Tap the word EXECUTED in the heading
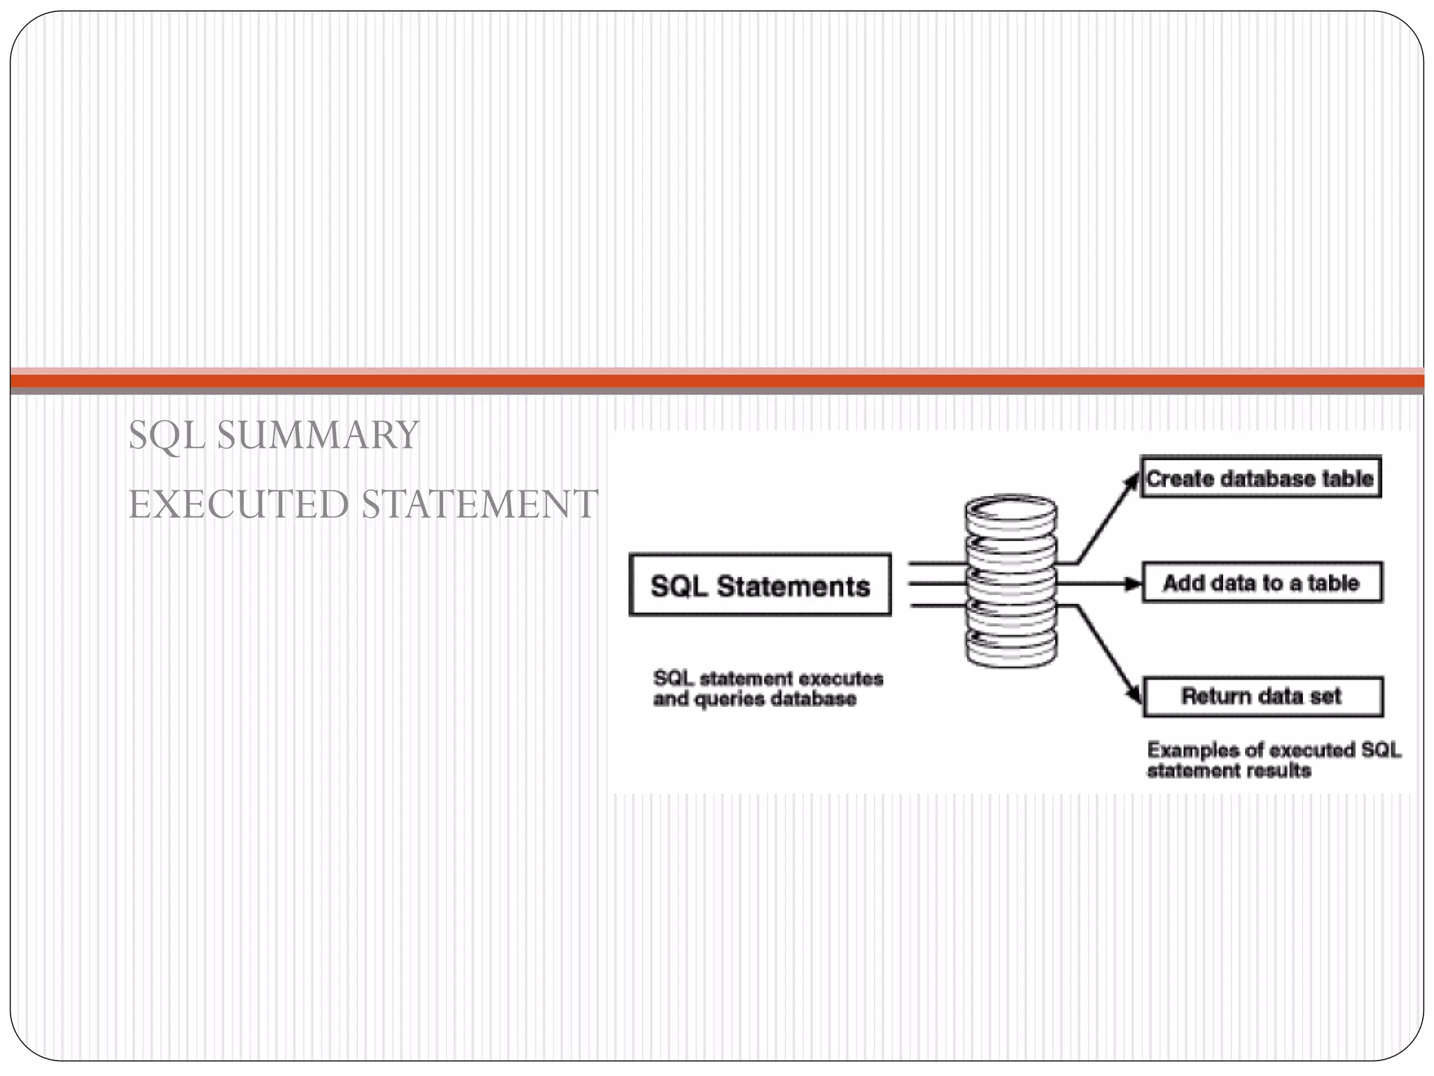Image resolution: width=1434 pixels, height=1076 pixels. click(x=238, y=504)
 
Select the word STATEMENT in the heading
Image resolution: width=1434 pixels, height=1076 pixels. click(x=480, y=504)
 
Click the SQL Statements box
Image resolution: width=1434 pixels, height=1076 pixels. click(x=760, y=586)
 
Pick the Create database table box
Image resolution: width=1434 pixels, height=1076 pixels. click(x=1260, y=478)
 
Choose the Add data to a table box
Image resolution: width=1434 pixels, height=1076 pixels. click(x=1262, y=583)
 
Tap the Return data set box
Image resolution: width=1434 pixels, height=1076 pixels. click(x=1262, y=696)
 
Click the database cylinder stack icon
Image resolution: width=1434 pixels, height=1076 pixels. click(x=1011, y=581)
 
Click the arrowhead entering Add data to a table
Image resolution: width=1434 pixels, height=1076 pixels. click(x=1133, y=584)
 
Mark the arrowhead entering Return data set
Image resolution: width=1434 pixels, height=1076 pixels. click(x=1134, y=694)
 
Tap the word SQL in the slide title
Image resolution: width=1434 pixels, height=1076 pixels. click(x=167, y=435)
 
